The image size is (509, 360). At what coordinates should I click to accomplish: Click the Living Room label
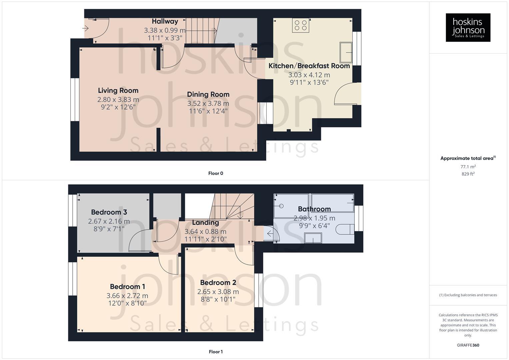(118, 90)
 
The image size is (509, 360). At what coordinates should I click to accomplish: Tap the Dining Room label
(208, 94)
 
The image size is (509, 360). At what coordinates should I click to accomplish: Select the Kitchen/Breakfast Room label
(309, 66)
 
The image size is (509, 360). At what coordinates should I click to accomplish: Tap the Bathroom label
(314, 209)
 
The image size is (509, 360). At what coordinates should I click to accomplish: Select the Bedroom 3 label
(109, 212)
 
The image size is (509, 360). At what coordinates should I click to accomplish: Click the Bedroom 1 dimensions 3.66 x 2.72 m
(127, 296)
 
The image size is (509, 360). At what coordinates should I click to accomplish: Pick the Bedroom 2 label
(218, 283)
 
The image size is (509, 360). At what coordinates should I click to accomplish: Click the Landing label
(205, 222)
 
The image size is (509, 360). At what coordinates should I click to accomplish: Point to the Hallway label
(165, 21)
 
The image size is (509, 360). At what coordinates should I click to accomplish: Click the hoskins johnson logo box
(468, 27)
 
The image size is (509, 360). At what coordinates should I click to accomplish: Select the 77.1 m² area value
(468, 167)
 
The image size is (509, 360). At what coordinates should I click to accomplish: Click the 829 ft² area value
(468, 174)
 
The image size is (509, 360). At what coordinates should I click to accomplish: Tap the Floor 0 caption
(215, 173)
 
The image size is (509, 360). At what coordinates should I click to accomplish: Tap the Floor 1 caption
(215, 352)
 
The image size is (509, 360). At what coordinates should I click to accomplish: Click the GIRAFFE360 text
(468, 345)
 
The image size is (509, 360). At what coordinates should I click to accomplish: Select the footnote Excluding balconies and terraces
(468, 295)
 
